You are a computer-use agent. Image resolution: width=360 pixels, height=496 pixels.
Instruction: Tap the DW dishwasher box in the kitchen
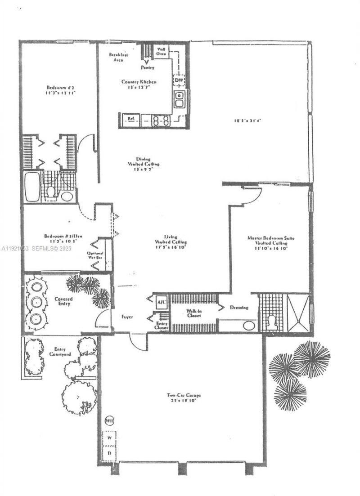pos(179,80)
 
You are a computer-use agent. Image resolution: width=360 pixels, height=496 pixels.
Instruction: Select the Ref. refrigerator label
pos(131,119)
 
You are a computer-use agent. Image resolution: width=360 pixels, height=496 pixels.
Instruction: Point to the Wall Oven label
pos(161,51)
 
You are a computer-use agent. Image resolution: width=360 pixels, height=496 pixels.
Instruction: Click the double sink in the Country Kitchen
pos(179,99)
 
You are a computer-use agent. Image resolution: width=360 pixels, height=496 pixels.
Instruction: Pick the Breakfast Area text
pos(118,57)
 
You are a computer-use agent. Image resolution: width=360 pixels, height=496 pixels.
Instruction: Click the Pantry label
pos(147,67)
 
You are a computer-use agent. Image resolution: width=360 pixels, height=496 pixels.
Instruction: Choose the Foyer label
pos(127,317)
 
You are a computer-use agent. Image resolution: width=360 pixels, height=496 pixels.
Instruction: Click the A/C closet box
pos(161,301)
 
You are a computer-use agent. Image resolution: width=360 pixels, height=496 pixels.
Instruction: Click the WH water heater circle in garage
pos(109,421)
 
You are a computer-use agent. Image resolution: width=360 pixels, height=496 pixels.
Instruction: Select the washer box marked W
pos(109,437)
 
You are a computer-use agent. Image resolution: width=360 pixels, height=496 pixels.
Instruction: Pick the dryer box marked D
pos(109,453)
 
